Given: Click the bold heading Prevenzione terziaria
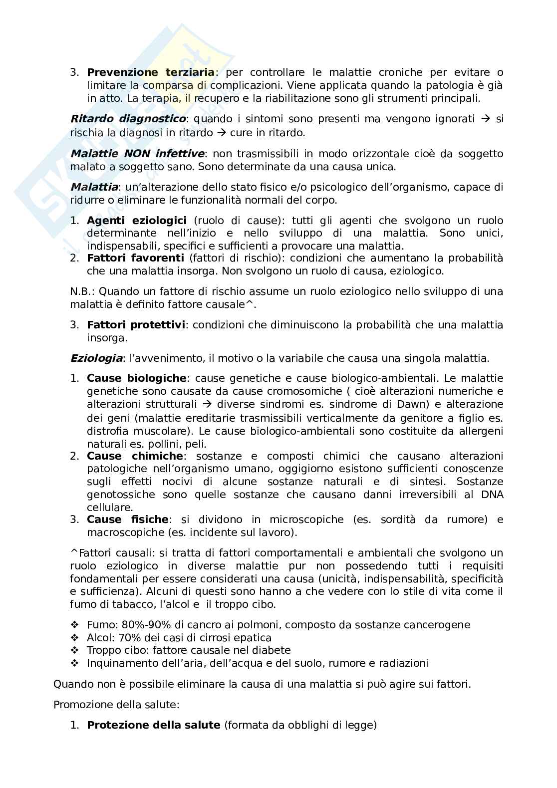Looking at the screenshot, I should point(150,72).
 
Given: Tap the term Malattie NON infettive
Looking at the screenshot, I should point(137,153).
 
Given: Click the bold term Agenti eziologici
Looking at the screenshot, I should point(136,221).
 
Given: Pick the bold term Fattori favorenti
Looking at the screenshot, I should point(135,258).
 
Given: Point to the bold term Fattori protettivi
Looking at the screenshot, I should point(136,325).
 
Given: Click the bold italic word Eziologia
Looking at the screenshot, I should point(96,358).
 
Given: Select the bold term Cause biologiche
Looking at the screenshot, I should point(136,378).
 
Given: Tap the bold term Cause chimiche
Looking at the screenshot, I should point(135,456).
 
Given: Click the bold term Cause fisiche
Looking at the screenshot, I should point(128,520).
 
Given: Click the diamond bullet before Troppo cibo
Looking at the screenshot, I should point(75,650).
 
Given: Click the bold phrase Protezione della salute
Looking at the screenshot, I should point(153,725).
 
